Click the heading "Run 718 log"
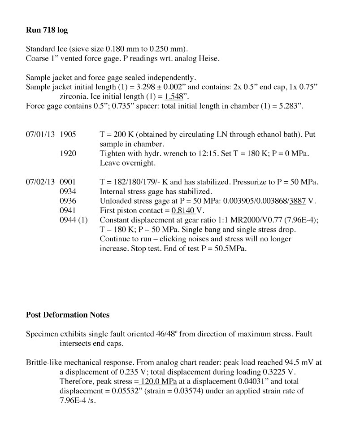pyautogui.click(x=47, y=31)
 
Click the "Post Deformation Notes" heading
pyautogui.click(x=68, y=315)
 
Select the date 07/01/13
pyautogui.click(x=40, y=135)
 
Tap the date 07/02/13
pyautogui.click(x=40, y=182)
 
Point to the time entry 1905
pyautogui.click(x=68, y=135)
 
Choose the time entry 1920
pyautogui.click(x=68, y=153)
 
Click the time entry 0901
pyautogui.click(x=68, y=182)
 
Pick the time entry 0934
pyautogui.click(x=68, y=192)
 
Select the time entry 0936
pyautogui.click(x=68, y=201)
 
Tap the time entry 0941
pyautogui.click(x=68, y=210)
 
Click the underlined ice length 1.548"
pyautogui.click(x=175, y=96)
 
